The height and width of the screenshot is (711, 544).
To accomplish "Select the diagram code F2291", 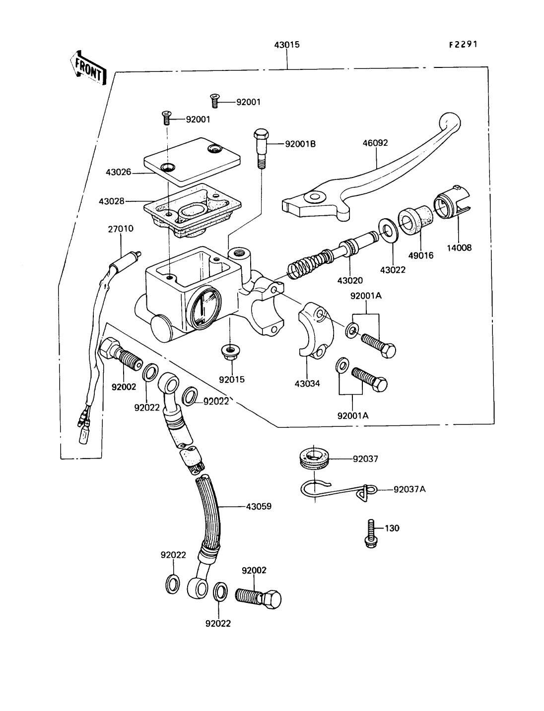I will [x=463, y=44].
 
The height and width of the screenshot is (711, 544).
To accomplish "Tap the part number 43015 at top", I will [x=286, y=45].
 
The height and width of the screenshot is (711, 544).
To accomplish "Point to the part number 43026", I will [x=118, y=172].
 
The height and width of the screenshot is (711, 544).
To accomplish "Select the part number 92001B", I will [x=300, y=144].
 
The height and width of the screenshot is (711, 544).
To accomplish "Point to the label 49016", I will [x=421, y=256].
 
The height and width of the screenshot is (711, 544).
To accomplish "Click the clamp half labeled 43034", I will [x=313, y=330].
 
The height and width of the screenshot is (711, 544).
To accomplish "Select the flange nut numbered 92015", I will [x=231, y=353].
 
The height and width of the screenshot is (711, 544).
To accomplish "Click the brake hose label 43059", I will [x=258, y=507].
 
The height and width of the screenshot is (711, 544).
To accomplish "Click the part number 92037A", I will [x=409, y=489].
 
